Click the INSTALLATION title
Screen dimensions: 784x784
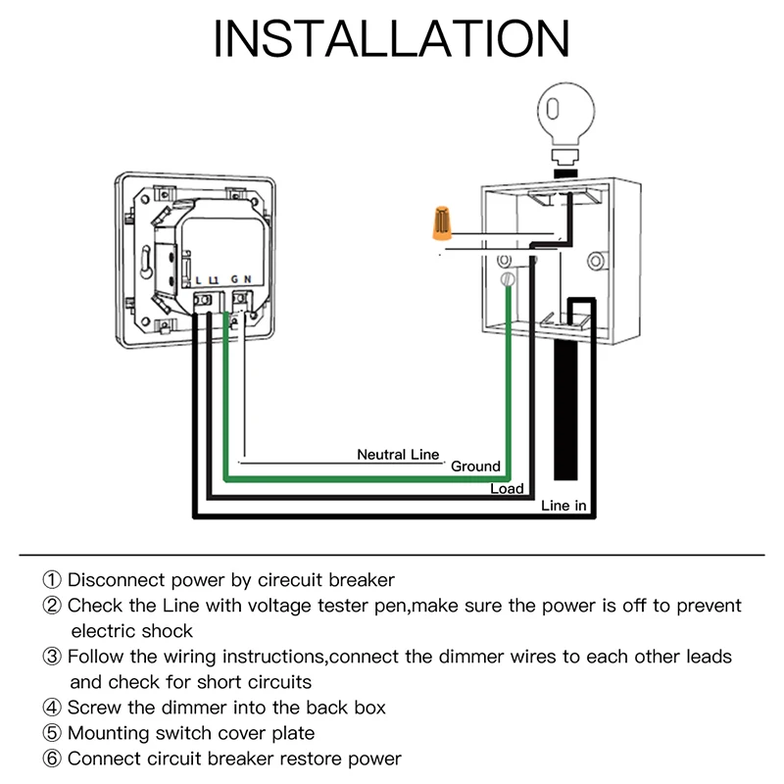point(392,39)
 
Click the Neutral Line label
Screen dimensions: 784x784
point(398,455)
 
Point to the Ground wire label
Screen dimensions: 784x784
point(475,466)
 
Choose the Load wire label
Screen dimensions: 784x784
point(507,489)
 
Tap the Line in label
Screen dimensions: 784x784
point(564,507)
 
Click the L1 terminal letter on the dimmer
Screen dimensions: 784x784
point(214,281)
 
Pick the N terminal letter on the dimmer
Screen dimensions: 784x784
point(247,281)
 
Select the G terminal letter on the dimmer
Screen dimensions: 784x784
point(235,281)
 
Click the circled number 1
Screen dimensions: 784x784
point(52,580)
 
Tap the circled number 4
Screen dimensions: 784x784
point(52,708)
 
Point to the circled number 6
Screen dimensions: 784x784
point(52,759)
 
